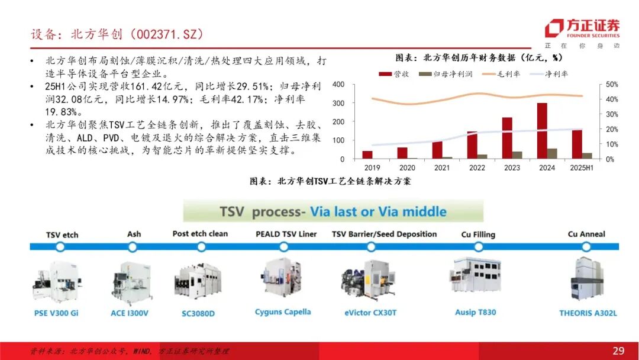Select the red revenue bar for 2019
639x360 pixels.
click(367, 155)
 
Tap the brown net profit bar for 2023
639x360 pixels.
click(517, 155)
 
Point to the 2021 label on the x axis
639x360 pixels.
click(442, 168)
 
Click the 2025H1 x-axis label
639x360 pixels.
click(582, 168)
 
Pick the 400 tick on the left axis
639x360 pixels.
click(338, 85)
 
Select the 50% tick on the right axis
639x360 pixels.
click(612, 85)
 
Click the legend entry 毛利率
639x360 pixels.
click(501, 74)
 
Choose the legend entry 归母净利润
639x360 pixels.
click(446, 74)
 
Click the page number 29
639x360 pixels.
click(618, 351)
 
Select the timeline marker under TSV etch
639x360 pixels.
click(60, 247)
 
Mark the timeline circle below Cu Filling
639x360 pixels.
click(479, 247)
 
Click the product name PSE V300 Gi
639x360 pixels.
click(56, 313)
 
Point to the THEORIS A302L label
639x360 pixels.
click(588, 313)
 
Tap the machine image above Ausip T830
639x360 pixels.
click(475, 275)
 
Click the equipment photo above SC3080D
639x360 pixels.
click(198, 281)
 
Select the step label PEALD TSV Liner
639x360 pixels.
click(286, 234)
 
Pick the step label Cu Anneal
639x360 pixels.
click(586, 234)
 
